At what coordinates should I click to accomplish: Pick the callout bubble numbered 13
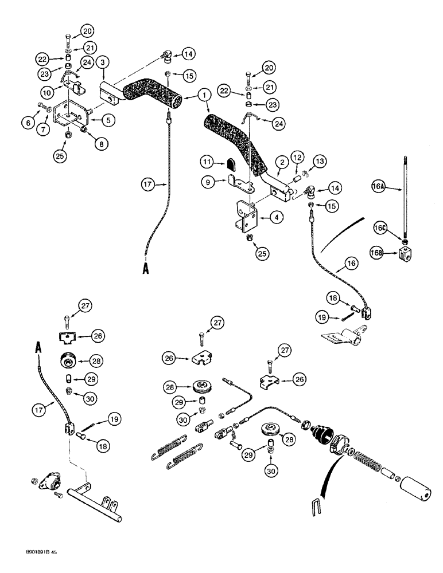[x=297, y=158]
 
